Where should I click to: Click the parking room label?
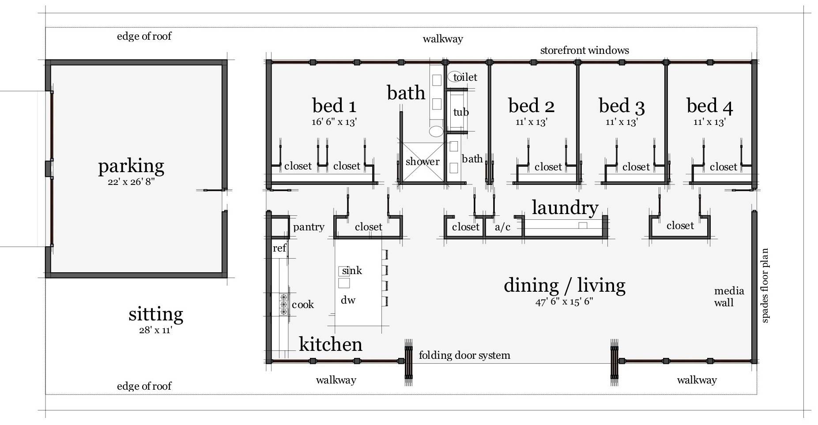(x=131, y=166)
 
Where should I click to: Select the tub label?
(x=461, y=112)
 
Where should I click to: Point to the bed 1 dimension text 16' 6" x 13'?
(x=334, y=122)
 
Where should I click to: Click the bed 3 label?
(x=622, y=106)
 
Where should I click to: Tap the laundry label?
(x=565, y=207)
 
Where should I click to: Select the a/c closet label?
(x=502, y=227)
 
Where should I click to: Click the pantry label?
(x=309, y=227)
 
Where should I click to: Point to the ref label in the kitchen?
(x=279, y=248)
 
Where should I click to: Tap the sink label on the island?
(x=352, y=271)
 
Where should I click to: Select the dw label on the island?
(x=348, y=300)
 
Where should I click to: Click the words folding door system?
(x=464, y=355)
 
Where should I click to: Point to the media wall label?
(x=729, y=297)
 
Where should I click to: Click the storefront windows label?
(x=584, y=50)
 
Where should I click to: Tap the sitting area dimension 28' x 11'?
(x=155, y=330)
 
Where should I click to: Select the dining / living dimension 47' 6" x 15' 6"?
(x=564, y=302)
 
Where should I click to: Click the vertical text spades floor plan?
(x=765, y=286)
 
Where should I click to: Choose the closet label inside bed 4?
(x=723, y=167)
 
